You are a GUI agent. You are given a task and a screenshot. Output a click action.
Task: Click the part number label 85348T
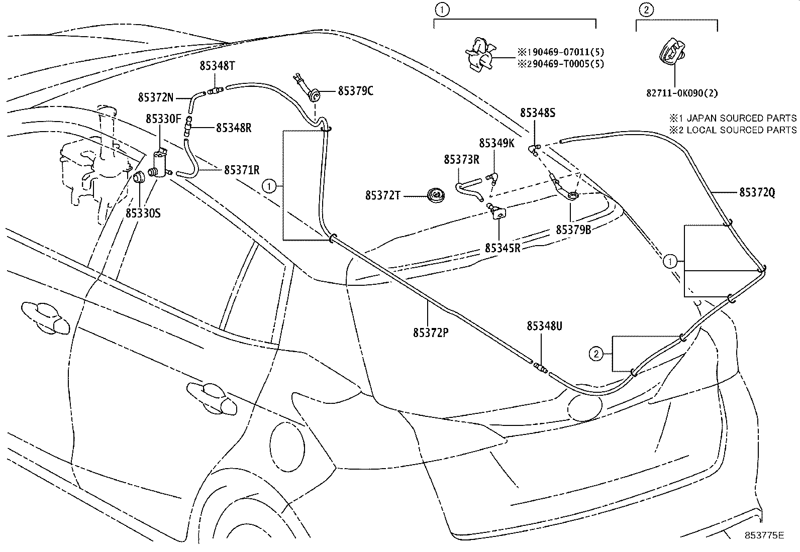click(x=217, y=66)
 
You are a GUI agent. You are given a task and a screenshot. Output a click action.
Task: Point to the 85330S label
click(x=143, y=213)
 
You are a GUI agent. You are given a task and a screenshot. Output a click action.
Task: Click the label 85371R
click(x=242, y=170)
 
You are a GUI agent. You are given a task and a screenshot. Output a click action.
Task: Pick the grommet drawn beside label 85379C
click(x=315, y=94)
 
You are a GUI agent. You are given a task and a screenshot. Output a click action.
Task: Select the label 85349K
click(x=496, y=143)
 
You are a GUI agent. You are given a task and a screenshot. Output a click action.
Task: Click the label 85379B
click(x=573, y=230)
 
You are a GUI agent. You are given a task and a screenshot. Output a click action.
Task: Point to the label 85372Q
click(x=757, y=192)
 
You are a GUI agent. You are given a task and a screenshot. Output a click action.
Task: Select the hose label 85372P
click(x=431, y=332)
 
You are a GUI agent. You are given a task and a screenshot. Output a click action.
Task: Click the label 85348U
click(x=544, y=326)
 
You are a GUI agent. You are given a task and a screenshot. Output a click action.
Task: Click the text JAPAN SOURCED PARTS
click(x=741, y=118)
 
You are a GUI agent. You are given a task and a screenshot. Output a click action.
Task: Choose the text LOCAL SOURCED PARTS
click(x=741, y=130)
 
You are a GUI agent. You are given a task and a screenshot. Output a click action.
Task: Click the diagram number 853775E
click(x=764, y=535)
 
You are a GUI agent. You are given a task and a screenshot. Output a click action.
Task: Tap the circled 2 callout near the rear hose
click(x=595, y=354)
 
